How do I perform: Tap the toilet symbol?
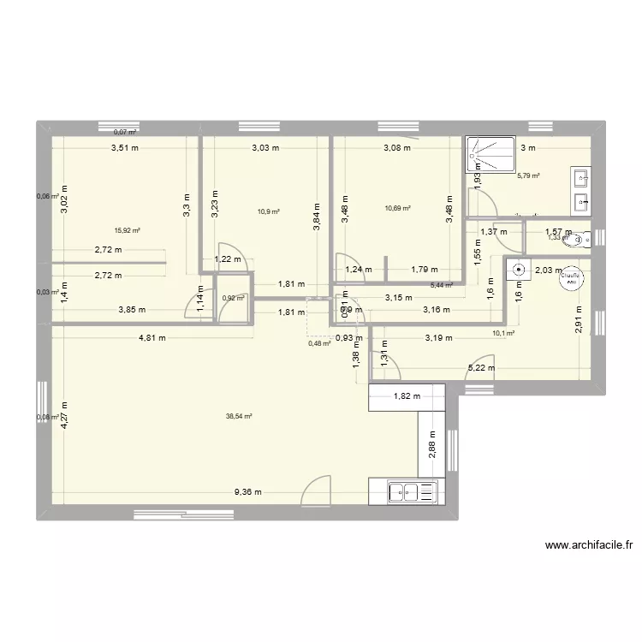tap(585, 237)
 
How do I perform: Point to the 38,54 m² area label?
tap(239, 417)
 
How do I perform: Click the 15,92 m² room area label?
tap(128, 229)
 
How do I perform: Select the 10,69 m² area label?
tap(398, 208)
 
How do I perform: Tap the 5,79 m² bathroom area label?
tap(528, 176)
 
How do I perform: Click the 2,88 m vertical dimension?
tap(432, 446)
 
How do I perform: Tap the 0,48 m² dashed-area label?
tap(319, 344)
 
